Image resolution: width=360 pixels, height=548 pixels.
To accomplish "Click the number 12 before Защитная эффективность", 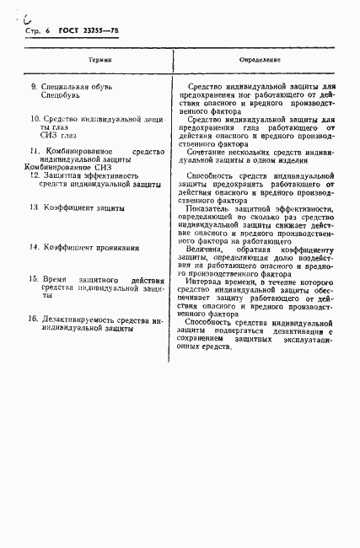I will click(x=33, y=175).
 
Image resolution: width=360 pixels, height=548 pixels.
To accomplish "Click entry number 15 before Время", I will click(x=33, y=279).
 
